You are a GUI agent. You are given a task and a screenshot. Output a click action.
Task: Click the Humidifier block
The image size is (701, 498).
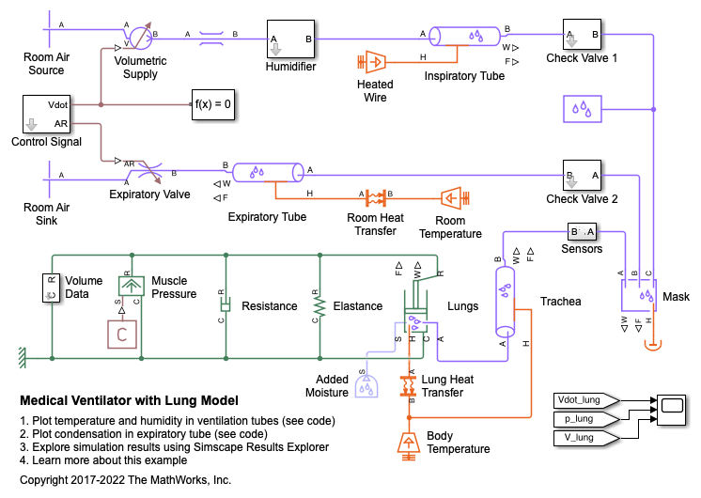coord(290,39)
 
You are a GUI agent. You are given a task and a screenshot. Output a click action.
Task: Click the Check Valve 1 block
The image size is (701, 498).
coord(583,38)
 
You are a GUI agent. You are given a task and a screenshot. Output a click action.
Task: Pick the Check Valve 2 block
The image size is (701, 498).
coord(583,175)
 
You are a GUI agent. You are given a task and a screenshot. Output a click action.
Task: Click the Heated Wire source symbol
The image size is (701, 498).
coord(373,62)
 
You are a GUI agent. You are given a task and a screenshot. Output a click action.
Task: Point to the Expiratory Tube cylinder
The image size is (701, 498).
coord(269,172)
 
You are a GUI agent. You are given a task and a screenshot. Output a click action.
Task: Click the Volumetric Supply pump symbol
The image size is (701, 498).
coord(139,38)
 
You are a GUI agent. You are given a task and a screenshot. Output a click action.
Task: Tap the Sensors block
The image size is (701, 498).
coord(583,232)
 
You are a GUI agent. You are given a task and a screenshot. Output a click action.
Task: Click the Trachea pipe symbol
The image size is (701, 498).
coord(506,300)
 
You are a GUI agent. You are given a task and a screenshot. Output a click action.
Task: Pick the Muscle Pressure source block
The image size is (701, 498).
coord(132,287)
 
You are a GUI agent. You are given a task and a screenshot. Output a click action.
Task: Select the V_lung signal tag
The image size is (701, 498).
coord(583,437)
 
